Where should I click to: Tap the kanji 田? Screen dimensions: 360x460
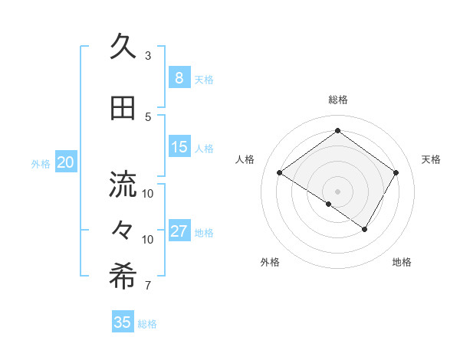point(123,108)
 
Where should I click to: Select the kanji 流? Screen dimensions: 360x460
point(123,185)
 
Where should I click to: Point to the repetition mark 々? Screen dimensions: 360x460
point(123,229)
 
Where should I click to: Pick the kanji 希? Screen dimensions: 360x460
point(123,277)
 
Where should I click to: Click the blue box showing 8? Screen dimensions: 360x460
point(179,78)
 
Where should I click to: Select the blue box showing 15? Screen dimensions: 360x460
point(179,148)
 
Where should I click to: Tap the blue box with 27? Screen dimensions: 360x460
point(179,232)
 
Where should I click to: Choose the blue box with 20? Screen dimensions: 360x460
point(66,162)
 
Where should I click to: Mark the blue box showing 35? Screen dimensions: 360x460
point(123,322)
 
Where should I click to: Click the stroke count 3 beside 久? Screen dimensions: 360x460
point(148,55)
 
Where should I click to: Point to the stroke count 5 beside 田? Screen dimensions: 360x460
point(148,116)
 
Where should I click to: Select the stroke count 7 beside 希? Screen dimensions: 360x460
point(148,286)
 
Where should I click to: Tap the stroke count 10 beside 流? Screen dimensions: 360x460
point(148,193)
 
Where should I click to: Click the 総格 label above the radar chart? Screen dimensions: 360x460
point(337,100)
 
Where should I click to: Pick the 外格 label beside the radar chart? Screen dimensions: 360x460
point(270,263)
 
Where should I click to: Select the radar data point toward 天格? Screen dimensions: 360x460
point(396,173)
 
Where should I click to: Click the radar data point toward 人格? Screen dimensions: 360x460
point(280,173)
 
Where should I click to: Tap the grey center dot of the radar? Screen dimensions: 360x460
point(337,190)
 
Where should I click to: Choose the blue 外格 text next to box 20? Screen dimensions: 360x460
point(41,163)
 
